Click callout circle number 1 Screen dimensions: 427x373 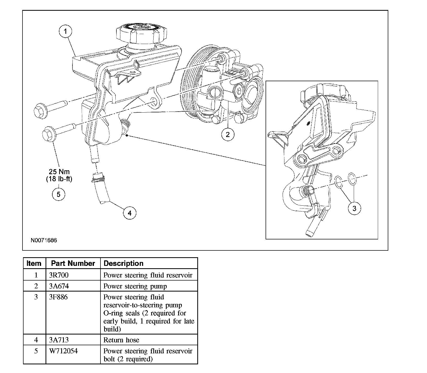click(65, 31)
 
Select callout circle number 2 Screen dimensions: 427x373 click(228, 134)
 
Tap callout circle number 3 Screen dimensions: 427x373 click(355, 209)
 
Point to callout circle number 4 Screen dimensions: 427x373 click(130, 213)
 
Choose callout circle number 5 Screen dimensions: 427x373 click(58, 194)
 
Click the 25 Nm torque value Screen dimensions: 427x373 click(59, 172)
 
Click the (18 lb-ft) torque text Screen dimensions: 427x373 click(59, 179)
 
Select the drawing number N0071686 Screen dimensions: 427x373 click(44, 240)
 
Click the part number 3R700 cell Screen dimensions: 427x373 click(73, 275)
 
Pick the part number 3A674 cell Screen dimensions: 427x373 click(73, 286)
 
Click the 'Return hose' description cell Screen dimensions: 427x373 click(149, 339)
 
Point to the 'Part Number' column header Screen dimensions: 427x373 click(73, 263)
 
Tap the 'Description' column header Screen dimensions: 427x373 click(149, 263)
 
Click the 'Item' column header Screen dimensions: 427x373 click(34, 263)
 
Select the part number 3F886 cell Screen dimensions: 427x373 click(73, 312)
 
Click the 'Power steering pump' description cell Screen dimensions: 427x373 click(149, 286)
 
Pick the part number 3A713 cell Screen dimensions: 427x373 click(73, 339)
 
